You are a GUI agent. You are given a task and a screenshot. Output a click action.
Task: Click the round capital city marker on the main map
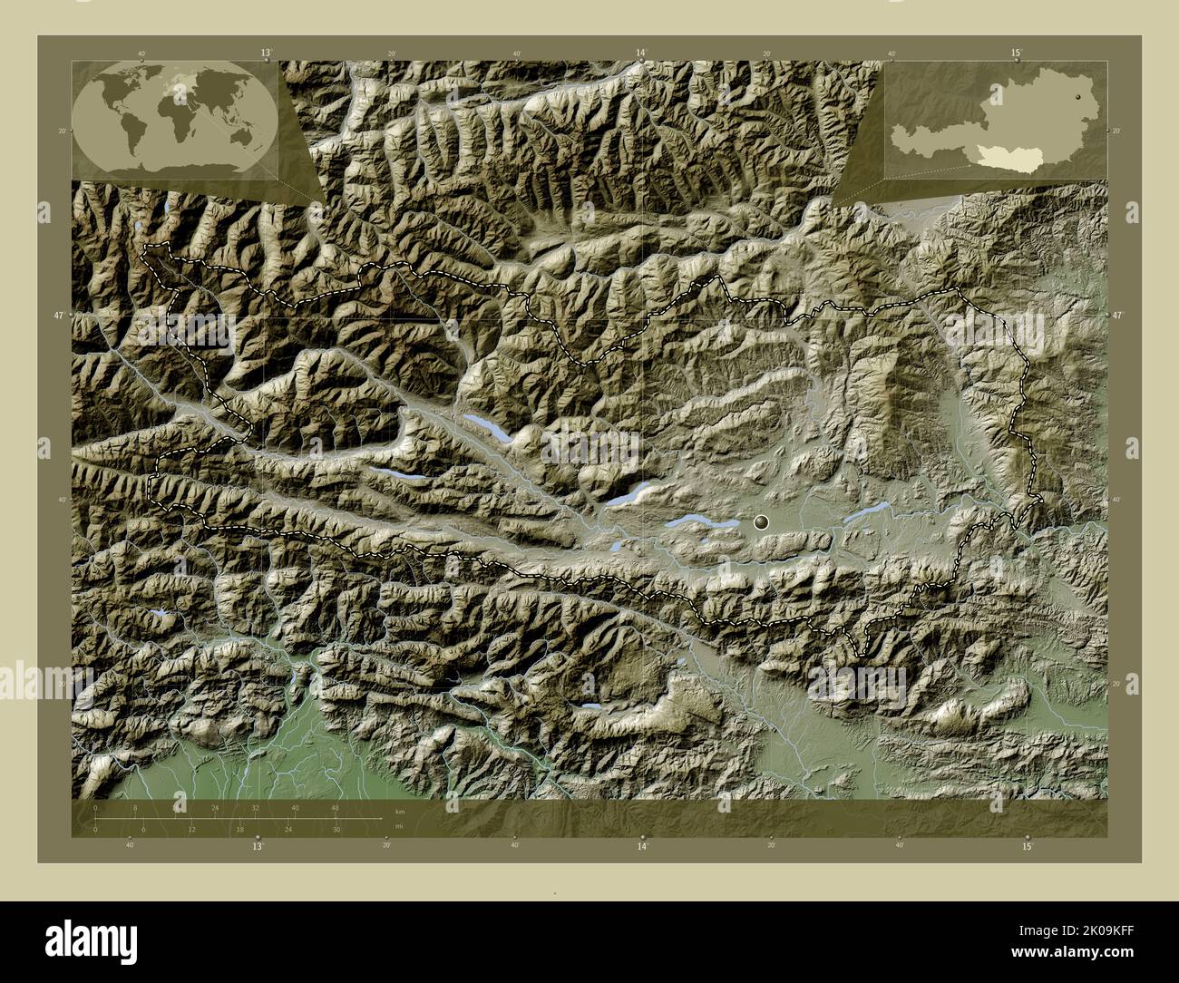point(761,521)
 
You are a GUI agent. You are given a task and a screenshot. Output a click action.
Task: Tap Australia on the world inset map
point(241,135)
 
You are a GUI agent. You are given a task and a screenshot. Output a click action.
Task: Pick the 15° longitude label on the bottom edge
point(1027,846)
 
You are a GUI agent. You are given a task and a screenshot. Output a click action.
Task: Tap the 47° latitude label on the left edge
point(58,315)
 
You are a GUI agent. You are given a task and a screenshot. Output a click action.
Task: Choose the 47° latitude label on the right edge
point(1118,315)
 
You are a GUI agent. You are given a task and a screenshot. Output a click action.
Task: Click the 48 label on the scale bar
point(335,808)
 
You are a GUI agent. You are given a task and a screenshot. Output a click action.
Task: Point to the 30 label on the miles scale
point(336,830)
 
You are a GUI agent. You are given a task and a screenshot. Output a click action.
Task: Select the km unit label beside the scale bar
point(399,811)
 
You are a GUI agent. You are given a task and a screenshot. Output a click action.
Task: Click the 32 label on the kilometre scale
point(256,808)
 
